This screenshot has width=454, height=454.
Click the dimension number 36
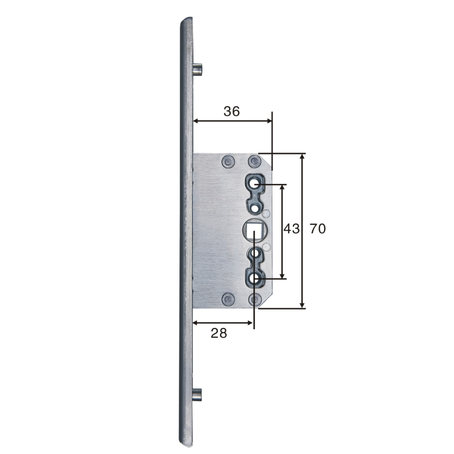click(x=232, y=111)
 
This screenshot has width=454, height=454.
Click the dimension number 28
click(x=219, y=333)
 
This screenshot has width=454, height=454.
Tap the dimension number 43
click(x=291, y=229)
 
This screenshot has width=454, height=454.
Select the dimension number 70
click(x=318, y=229)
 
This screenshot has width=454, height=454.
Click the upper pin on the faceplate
click(x=197, y=69)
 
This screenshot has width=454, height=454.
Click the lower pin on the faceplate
click(x=197, y=395)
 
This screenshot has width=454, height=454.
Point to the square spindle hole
click(x=254, y=229)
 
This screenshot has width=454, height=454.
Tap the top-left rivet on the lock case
click(x=228, y=162)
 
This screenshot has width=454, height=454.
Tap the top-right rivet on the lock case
click(x=254, y=162)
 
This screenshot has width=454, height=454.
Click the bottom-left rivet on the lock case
click(x=228, y=299)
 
